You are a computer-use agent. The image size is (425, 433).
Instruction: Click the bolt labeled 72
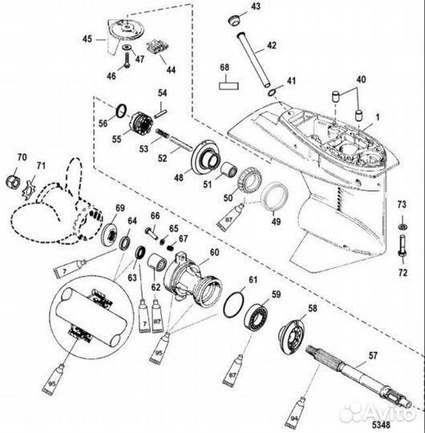(x=401, y=239)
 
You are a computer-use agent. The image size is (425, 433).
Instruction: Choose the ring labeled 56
(x=119, y=110)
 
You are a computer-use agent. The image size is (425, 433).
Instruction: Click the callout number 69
(x=120, y=209)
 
